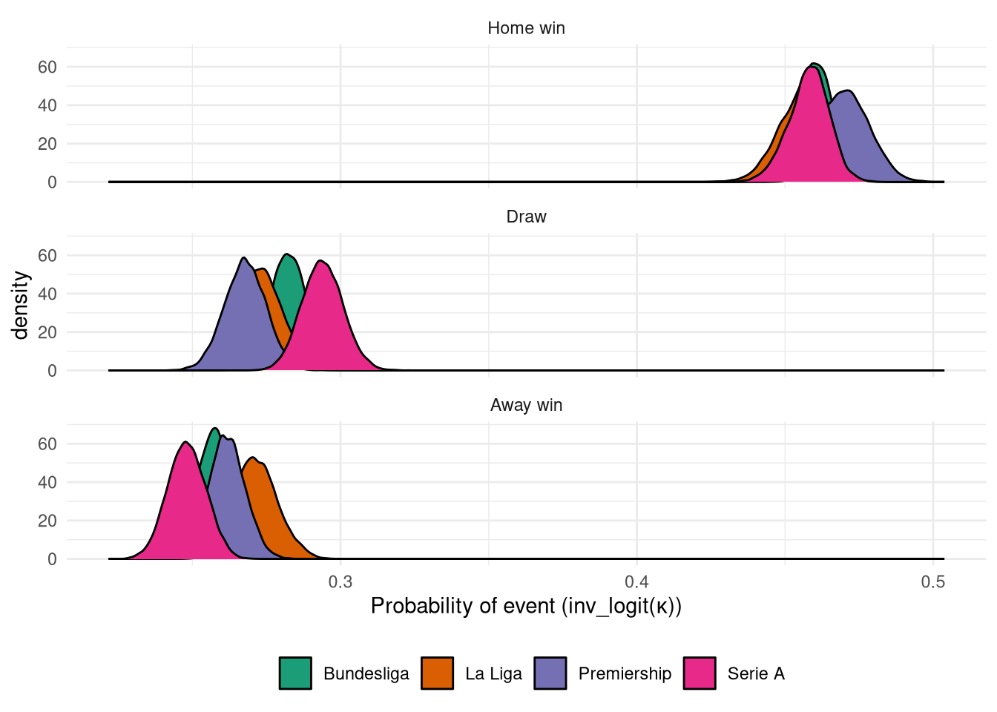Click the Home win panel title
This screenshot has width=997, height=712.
(x=526, y=28)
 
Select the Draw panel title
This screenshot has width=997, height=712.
(x=526, y=217)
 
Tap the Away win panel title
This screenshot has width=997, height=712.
(x=526, y=405)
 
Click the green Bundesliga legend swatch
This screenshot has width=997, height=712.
(x=295, y=673)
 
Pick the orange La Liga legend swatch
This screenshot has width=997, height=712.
(x=437, y=673)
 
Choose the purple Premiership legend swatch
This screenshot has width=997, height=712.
(x=550, y=673)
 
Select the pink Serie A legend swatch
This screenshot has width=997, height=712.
(x=700, y=673)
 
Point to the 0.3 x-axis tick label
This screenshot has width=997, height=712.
(x=340, y=582)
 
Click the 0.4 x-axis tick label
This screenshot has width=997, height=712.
(x=637, y=582)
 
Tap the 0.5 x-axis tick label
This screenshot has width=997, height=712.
(x=933, y=582)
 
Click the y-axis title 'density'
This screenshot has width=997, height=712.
(x=21, y=305)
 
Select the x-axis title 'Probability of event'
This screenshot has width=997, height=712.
(x=526, y=606)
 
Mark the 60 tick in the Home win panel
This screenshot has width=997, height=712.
(x=47, y=67)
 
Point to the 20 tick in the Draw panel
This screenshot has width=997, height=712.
(x=47, y=332)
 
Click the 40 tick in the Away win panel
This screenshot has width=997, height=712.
(x=47, y=482)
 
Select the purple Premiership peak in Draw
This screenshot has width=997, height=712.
(x=243, y=259)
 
